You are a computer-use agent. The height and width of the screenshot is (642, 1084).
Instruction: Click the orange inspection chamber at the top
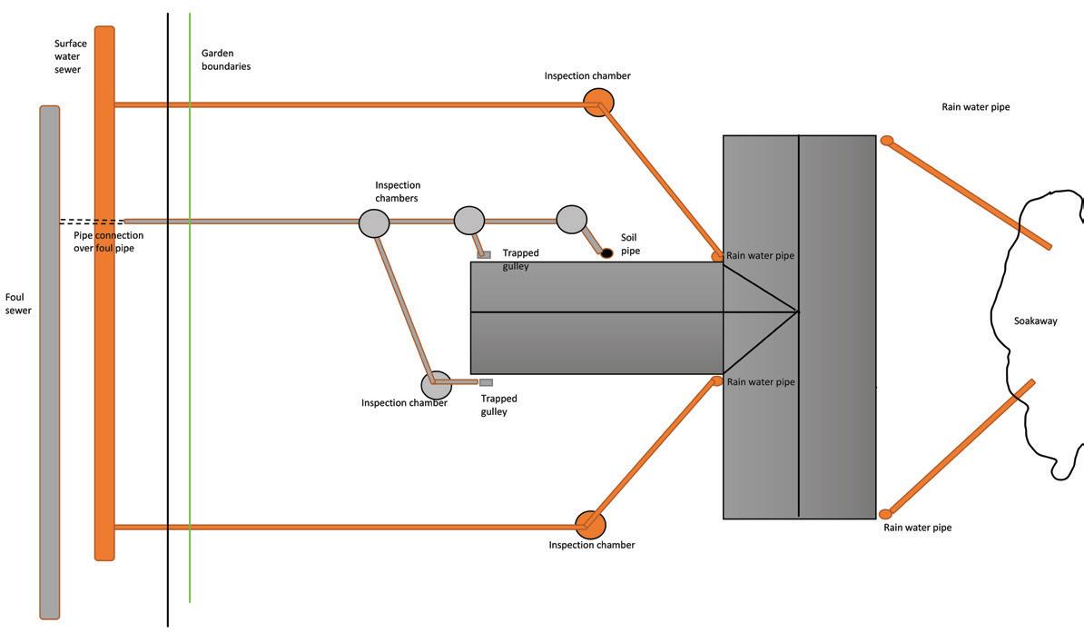(598, 102)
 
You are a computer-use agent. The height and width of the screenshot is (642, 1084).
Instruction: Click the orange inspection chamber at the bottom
(590, 524)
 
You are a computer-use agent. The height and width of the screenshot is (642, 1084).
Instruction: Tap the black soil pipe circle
(606, 252)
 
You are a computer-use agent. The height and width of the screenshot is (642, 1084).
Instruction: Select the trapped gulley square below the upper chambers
(485, 255)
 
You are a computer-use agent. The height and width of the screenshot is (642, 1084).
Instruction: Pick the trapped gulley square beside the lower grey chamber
(486, 382)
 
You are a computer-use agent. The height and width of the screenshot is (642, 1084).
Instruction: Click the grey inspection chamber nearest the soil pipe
(571, 219)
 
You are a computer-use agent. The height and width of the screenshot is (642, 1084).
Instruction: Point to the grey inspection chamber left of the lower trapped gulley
(436, 384)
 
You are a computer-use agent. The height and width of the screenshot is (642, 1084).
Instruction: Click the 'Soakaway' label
(1035, 321)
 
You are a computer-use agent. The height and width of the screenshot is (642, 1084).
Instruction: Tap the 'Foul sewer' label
(18, 303)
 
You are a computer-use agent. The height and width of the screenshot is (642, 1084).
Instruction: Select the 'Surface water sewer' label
(69, 56)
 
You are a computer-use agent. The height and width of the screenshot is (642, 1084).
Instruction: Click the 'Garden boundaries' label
(225, 60)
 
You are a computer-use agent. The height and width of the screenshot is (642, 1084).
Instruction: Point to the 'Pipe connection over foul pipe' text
(108, 242)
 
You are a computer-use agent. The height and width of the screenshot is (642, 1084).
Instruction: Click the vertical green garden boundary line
(190, 363)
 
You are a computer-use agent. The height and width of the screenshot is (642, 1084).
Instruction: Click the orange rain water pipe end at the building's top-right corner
(887, 141)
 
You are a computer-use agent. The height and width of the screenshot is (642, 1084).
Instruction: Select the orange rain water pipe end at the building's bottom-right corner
(885, 515)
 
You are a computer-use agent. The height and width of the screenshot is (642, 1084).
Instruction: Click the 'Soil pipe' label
(629, 243)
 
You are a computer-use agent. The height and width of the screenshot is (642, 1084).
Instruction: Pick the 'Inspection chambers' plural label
(398, 192)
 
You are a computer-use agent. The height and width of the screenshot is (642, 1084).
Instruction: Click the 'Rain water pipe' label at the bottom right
(917, 528)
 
